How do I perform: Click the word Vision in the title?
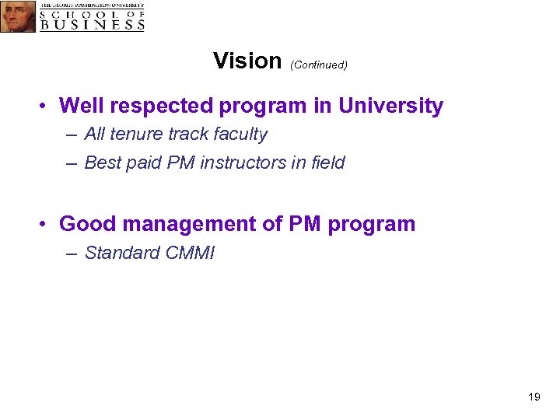247,61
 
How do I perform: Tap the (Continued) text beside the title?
318,65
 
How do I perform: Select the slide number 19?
534,397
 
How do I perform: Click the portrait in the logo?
17,16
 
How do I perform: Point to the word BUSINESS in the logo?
93,24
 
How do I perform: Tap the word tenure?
136,135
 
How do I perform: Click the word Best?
101,163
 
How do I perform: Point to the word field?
326,163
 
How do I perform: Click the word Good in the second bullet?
82,224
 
